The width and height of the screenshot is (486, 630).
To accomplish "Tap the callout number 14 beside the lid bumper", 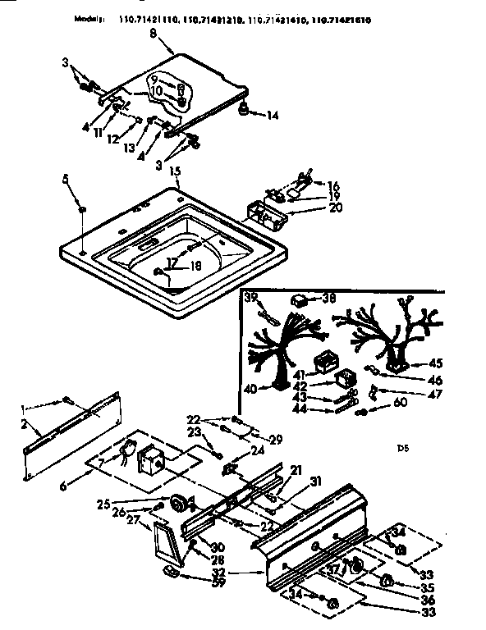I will [273, 116].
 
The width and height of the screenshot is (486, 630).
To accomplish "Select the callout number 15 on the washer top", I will [174, 172].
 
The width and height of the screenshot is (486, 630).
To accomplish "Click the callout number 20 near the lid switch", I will [311, 209].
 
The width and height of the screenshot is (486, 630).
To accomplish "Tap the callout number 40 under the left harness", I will [250, 389].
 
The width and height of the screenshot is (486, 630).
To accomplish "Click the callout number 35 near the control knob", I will [425, 587].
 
